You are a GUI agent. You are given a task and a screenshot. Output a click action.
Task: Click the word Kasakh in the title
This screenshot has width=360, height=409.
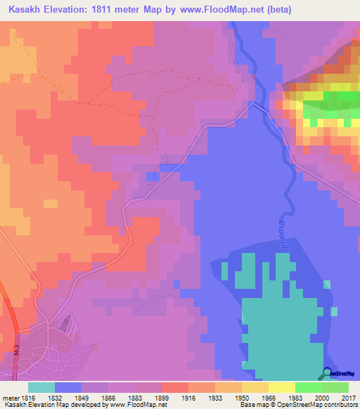(x=28, y=10)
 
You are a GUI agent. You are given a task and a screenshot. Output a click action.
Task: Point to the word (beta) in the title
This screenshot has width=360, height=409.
(x=277, y=10)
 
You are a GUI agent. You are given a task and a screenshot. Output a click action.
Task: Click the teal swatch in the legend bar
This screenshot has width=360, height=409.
(x=41, y=387)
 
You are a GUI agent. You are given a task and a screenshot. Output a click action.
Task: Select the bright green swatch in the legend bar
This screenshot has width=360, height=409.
(x=309, y=387)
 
